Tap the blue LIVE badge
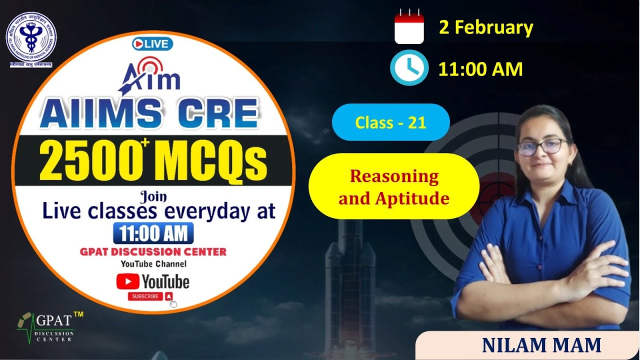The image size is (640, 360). click(x=152, y=44)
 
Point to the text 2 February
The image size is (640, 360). click(x=486, y=27)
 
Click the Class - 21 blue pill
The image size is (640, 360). click(x=390, y=122)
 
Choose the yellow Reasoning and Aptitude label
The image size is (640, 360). click(x=394, y=187)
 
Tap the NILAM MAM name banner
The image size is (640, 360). click(x=541, y=345)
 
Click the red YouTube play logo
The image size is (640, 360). click(x=128, y=281)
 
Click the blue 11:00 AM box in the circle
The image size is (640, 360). click(x=153, y=233)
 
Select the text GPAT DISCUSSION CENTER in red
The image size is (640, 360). click(x=153, y=251)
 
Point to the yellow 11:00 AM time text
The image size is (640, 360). click(x=480, y=69)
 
